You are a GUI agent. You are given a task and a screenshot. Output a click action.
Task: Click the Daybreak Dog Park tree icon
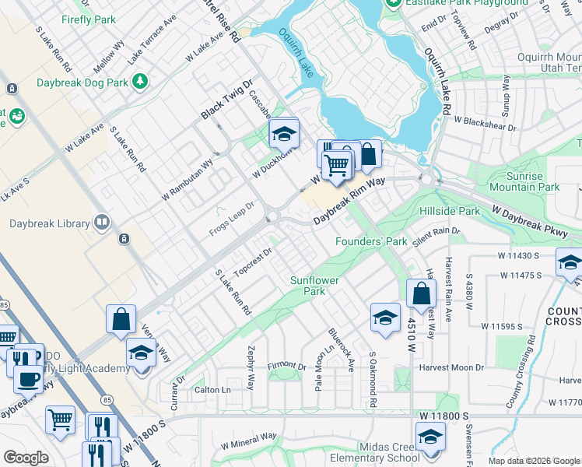point(140,81)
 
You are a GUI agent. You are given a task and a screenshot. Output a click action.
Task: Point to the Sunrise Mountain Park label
point(524,182)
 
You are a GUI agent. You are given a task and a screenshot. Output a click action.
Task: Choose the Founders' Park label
point(371,241)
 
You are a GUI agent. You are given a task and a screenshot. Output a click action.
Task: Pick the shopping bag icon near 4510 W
point(421,294)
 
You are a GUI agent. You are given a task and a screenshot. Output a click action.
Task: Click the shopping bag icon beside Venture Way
point(122,319)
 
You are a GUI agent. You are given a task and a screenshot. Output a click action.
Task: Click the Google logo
point(26,458)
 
